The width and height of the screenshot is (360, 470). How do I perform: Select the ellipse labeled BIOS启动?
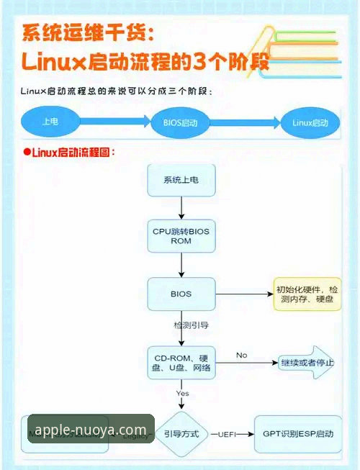(181, 122)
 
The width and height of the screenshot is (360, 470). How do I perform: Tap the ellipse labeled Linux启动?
(310, 122)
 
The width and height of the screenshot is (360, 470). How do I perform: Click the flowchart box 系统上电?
(181, 179)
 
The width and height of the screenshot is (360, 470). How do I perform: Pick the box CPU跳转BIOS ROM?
(181, 236)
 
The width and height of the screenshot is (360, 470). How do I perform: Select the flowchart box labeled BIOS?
(181, 294)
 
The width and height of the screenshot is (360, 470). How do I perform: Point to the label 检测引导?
(191, 326)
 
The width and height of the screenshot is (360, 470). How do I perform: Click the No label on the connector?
(241, 355)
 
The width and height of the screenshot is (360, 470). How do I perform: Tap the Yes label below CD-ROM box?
(182, 393)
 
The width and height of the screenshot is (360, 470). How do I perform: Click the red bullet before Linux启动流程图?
(26, 152)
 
